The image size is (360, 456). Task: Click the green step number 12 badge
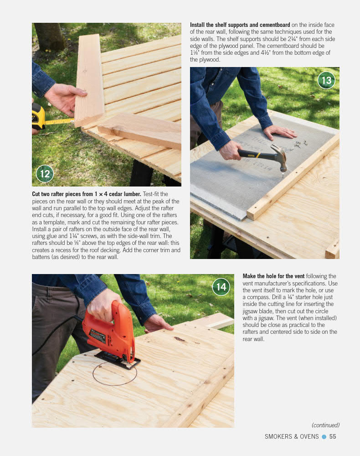click(x=45, y=174)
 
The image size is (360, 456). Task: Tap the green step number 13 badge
click(x=326, y=80)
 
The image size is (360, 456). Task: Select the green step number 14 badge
click(x=221, y=287)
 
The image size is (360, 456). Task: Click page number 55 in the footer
click(x=333, y=436)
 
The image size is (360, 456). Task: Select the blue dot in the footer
click(x=324, y=436)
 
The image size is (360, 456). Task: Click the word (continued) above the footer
click(x=325, y=425)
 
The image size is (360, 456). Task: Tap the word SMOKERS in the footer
click(x=278, y=436)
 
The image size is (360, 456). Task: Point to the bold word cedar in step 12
click(x=116, y=194)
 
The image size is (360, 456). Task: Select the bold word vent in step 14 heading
click(x=299, y=276)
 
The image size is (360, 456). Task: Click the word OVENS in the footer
click(x=309, y=436)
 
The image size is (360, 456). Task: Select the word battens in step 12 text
click(x=41, y=257)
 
